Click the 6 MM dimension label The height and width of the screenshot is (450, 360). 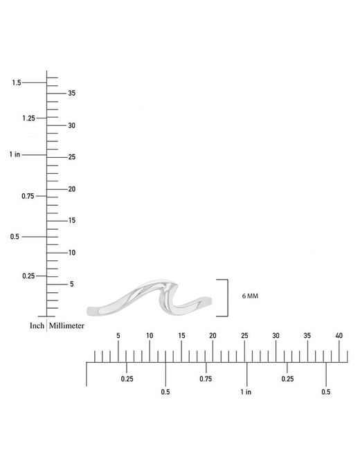point(250,296)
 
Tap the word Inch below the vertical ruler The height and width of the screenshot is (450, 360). point(37,326)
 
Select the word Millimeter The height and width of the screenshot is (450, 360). point(66,326)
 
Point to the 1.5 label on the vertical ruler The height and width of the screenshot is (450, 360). point(17,82)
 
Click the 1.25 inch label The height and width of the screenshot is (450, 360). point(28,118)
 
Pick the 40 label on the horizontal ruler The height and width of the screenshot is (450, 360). point(339,335)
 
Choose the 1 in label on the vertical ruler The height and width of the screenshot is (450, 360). point(15,154)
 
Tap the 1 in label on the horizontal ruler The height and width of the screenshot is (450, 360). point(246,392)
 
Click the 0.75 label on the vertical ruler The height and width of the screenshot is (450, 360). point(28,196)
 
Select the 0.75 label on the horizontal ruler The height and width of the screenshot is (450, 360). point(206,379)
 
